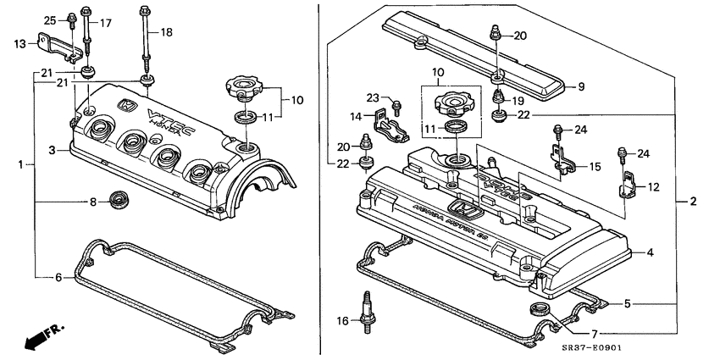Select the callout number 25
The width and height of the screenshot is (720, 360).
tap(49, 20)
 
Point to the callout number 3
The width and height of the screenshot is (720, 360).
tap(52, 150)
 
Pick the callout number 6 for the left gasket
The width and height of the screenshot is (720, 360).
tap(58, 277)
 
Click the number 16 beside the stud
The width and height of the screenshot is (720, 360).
tap(344, 321)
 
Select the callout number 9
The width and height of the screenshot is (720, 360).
tap(581, 86)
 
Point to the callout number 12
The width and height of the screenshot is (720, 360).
tap(653, 186)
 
